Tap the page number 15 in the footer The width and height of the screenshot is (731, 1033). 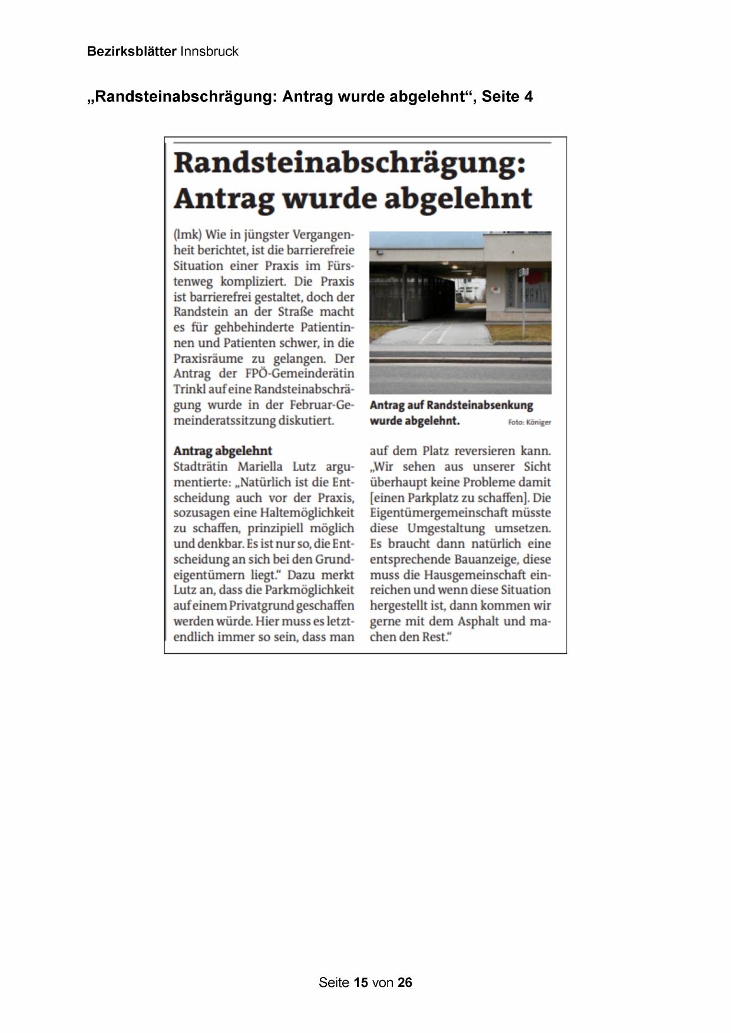[361, 982]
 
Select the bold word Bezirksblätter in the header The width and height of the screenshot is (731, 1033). [131, 51]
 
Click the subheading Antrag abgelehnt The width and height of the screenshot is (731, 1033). [223, 451]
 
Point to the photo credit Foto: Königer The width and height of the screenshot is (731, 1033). [530, 422]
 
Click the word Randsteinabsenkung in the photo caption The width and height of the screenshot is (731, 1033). [480, 405]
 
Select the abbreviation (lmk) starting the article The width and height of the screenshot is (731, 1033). [187, 234]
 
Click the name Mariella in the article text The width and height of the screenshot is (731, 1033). [262, 467]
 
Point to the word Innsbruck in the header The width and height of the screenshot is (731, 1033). [209, 51]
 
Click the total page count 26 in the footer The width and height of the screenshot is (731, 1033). [405, 982]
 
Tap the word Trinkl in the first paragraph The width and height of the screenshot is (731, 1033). [188, 389]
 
